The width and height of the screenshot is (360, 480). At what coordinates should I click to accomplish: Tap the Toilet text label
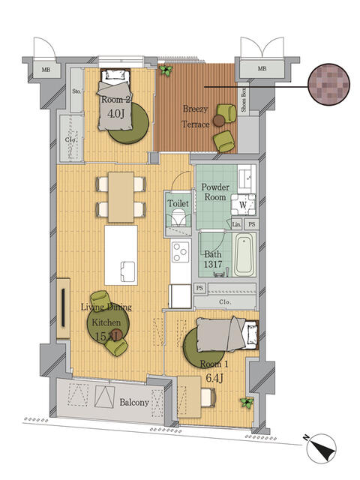coord(178,202)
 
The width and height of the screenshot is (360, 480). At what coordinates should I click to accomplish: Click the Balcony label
coord(135,402)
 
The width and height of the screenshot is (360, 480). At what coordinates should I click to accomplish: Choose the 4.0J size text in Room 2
coord(115,114)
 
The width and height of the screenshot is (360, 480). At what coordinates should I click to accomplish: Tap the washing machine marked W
coord(244,202)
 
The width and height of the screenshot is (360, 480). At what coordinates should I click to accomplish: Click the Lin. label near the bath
coord(236,223)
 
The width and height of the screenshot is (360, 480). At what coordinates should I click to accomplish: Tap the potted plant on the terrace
coord(165,70)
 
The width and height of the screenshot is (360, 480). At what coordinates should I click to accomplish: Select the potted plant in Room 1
coord(245,403)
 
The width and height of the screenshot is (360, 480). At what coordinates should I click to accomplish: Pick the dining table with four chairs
coord(120,196)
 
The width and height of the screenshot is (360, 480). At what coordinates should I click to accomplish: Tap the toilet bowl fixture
coord(178,218)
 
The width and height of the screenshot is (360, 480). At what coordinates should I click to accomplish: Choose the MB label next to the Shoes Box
coord(262,70)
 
